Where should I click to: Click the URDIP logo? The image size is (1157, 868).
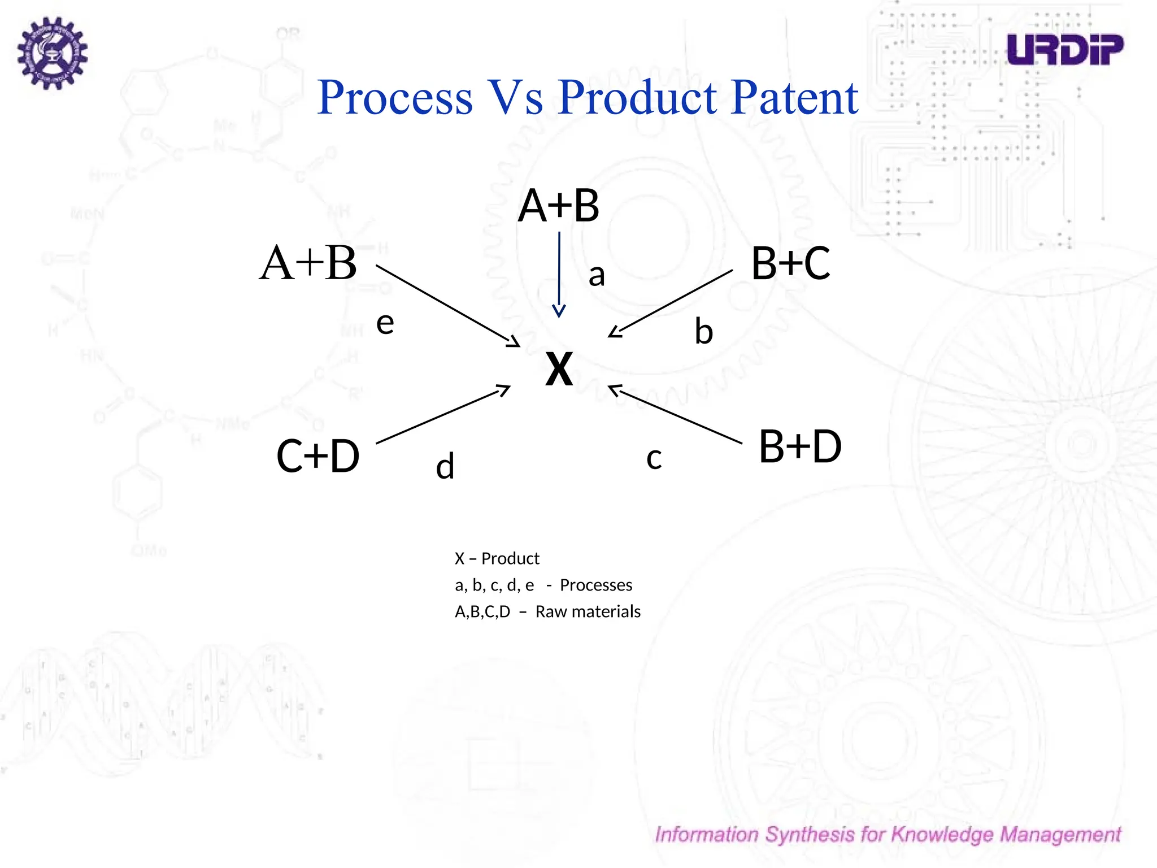[x=1064, y=50]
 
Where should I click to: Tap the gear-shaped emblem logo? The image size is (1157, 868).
[x=52, y=53]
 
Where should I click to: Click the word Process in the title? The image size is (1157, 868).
[x=395, y=97]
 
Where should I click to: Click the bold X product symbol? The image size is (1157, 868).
[x=559, y=369]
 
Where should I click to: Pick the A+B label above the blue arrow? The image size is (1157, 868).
[x=558, y=206]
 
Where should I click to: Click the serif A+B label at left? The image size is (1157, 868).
[x=308, y=263]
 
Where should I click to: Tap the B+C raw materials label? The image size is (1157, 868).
[x=790, y=263]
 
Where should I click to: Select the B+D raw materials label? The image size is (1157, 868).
[x=799, y=446]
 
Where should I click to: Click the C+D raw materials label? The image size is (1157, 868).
[x=317, y=456]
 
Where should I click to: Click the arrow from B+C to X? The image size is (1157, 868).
[x=670, y=304]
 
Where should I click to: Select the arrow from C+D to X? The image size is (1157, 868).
[x=443, y=414]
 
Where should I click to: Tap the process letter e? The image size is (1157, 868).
[x=385, y=323]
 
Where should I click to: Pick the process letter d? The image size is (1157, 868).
[x=445, y=467]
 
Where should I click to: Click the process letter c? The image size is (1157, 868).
[x=654, y=458]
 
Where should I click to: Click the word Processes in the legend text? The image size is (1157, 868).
[x=595, y=585]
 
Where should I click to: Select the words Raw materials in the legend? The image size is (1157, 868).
[x=588, y=611]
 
